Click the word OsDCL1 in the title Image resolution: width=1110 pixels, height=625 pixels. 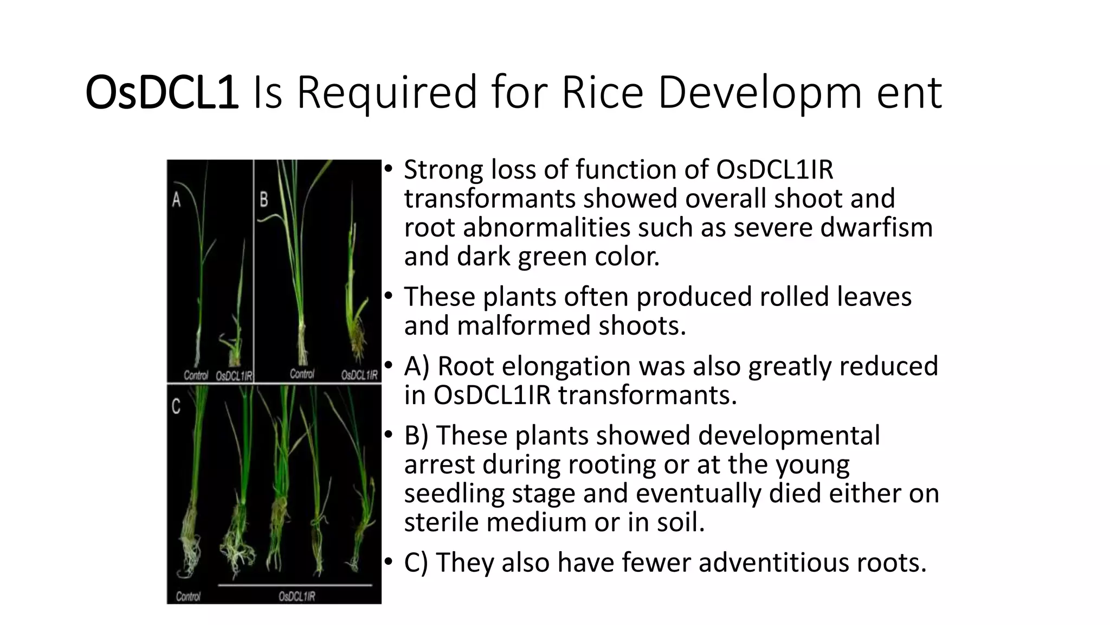tap(162, 92)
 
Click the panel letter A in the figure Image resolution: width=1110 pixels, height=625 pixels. tap(177, 200)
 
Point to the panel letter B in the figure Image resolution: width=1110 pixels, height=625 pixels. tap(264, 200)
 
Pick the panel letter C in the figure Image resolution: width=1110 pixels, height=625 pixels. tap(176, 407)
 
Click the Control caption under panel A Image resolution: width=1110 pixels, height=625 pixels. tap(196, 375)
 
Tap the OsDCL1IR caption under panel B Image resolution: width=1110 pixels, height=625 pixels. tap(359, 375)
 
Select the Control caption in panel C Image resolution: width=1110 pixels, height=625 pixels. tap(188, 596)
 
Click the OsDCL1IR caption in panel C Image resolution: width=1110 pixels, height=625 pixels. tap(297, 596)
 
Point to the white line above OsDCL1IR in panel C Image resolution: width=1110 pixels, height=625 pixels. tap(295, 585)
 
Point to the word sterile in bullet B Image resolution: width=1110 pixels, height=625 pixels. tap(441, 522)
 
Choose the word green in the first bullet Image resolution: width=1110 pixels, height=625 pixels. tap(552, 256)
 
